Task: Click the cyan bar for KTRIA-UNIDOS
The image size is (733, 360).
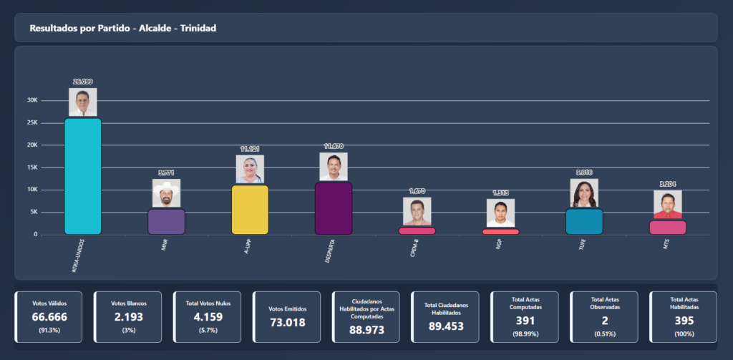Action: click(x=82, y=176)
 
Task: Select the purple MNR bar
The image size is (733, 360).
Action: click(x=166, y=222)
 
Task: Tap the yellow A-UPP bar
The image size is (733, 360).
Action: click(x=250, y=210)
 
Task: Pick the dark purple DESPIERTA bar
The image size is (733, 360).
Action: click(x=334, y=208)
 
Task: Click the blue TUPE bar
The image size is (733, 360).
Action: click(x=584, y=222)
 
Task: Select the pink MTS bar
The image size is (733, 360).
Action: click(x=667, y=227)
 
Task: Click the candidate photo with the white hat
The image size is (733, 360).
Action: click(x=166, y=193)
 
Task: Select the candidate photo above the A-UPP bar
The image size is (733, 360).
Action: click(x=250, y=170)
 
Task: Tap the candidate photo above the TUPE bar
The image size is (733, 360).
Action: click(x=584, y=193)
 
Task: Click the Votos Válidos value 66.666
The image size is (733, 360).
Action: click(x=49, y=316)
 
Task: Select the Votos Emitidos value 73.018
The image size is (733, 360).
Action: click(x=286, y=323)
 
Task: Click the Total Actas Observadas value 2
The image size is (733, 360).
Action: click(x=604, y=321)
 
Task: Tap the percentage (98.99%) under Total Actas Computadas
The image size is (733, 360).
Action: click(x=525, y=334)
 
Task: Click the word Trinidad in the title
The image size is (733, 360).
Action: click(x=195, y=28)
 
